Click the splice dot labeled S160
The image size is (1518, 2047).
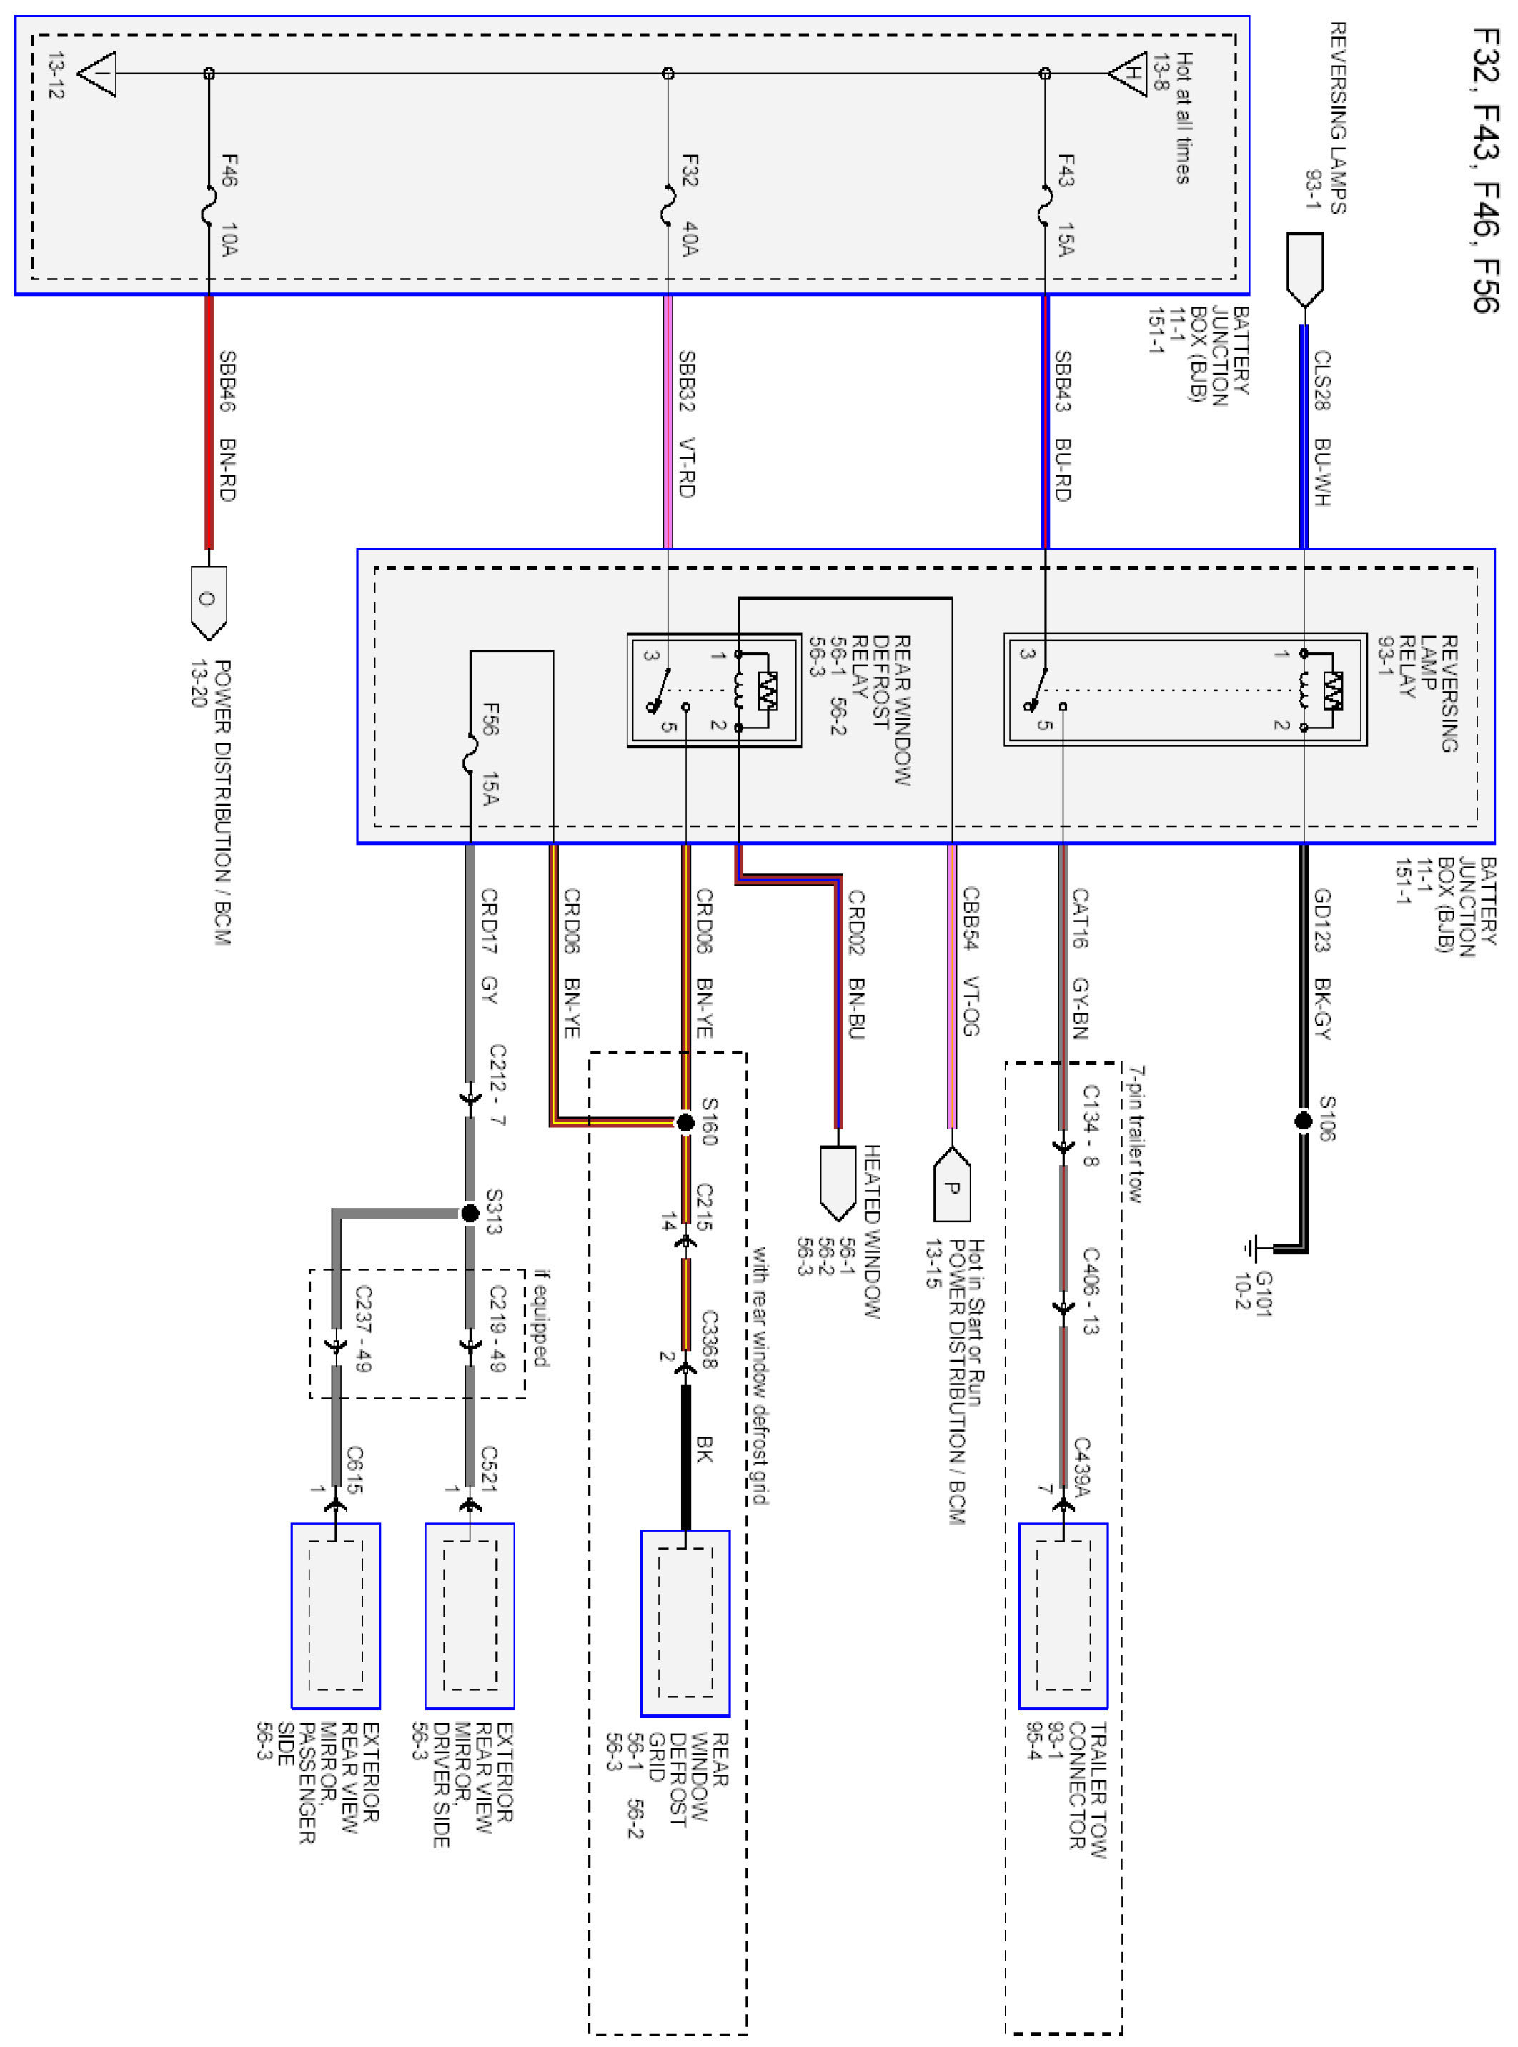click(685, 1122)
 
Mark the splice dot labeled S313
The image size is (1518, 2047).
click(470, 1213)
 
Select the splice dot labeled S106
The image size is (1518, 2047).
click(1303, 1120)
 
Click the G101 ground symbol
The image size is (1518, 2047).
click(1251, 1249)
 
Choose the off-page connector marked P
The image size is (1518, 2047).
click(952, 1185)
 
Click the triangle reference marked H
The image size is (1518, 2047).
click(1129, 74)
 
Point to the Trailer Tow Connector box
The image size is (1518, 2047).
click(1063, 1615)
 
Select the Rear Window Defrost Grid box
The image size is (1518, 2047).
click(685, 1622)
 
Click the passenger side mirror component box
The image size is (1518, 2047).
click(335, 1615)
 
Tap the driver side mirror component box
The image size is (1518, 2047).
click(470, 1615)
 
